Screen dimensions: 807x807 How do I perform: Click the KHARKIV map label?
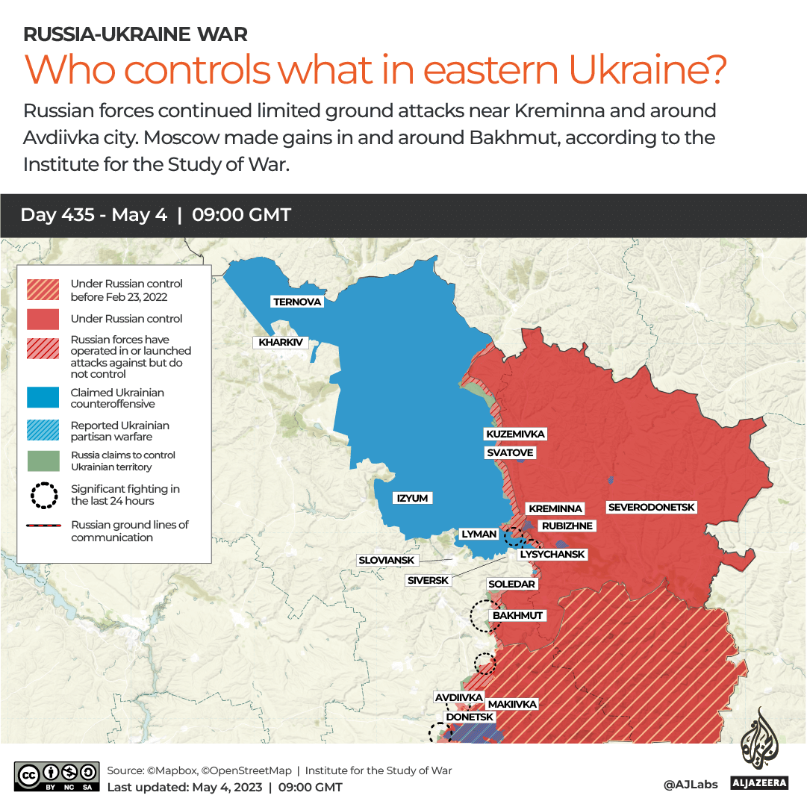pyautogui.click(x=281, y=343)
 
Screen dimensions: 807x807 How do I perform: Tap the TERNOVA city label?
pyautogui.click(x=297, y=302)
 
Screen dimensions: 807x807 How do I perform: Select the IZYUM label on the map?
pyautogui.click(x=414, y=498)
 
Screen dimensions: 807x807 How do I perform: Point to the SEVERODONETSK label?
pyautogui.click(x=652, y=508)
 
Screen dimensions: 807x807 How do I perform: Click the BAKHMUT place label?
pyautogui.click(x=517, y=616)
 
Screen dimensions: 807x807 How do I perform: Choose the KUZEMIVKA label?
pyautogui.click(x=515, y=434)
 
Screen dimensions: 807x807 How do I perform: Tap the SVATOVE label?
pyautogui.click(x=510, y=452)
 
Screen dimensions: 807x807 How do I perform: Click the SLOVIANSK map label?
pyautogui.click(x=387, y=560)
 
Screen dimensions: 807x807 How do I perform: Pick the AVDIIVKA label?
pyautogui.click(x=459, y=697)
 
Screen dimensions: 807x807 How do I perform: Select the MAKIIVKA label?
pyautogui.click(x=512, y=704)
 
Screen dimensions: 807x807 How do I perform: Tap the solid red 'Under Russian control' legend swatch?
pyautogui.click(x=43, y=319)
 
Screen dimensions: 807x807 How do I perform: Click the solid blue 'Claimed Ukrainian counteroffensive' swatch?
pyautogui.click(x=43, y=398)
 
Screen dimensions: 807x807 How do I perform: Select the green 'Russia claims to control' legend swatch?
pyautogui.click(x=43, y=461)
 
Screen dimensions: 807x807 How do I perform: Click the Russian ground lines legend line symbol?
pyautogui.click(x=43, y=526)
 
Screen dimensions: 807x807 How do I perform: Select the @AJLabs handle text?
pyautogui.click(x=691, y=785)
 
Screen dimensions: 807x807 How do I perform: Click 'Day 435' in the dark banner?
pyautogui.click(x=57, y=215)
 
